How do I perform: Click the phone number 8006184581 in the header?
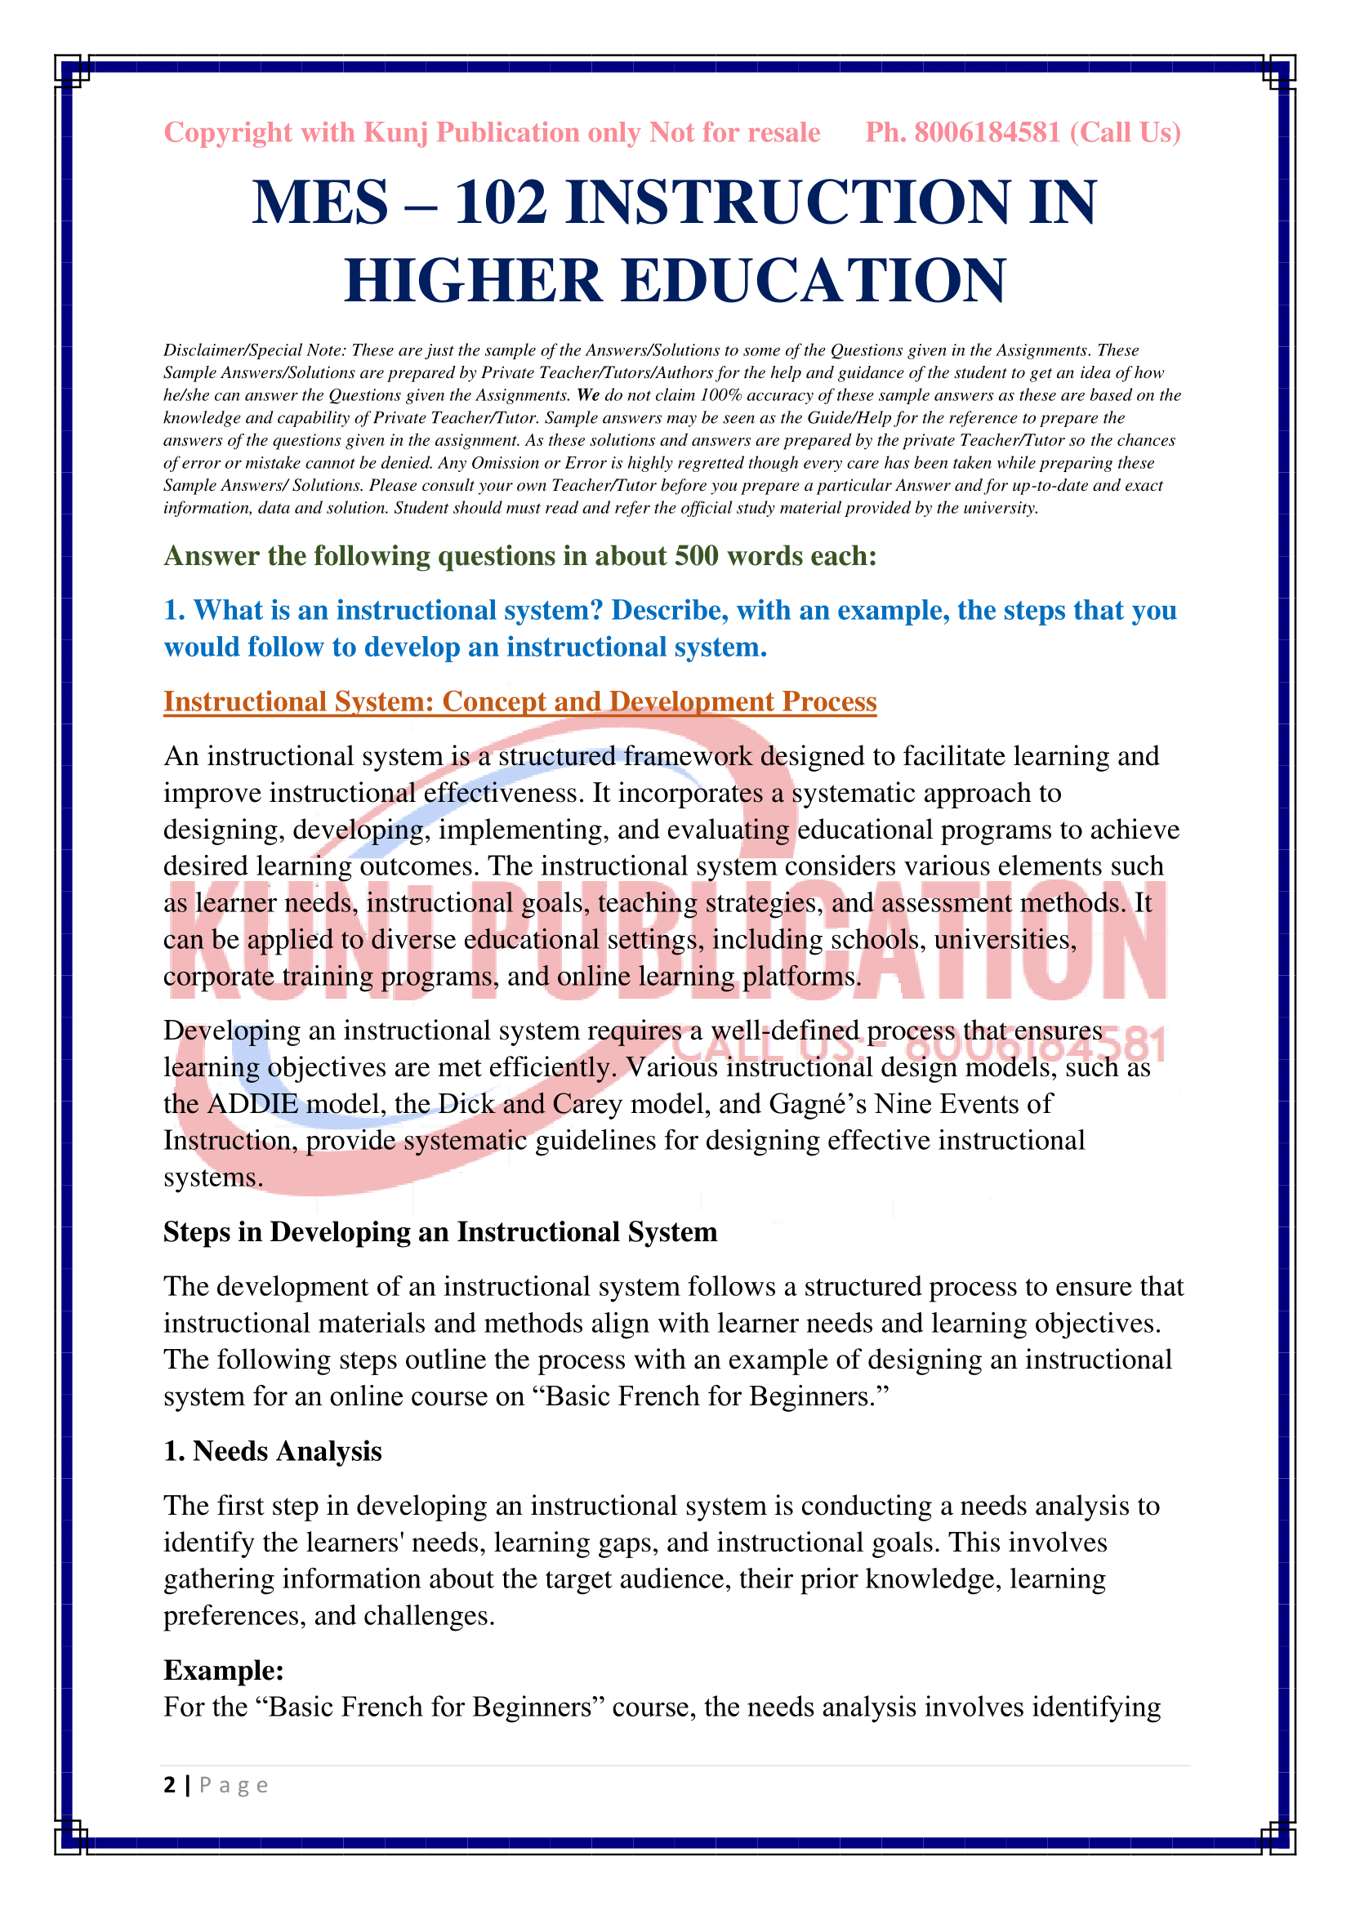987,132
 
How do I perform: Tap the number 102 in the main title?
501,203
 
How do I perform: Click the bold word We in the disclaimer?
588,395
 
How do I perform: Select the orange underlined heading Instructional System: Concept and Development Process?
520,701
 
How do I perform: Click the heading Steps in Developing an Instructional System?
440,1232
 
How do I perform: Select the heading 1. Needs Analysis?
272,1451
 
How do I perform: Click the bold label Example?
224,1671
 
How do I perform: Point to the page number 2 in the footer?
170,1785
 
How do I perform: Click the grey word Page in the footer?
234,1786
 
